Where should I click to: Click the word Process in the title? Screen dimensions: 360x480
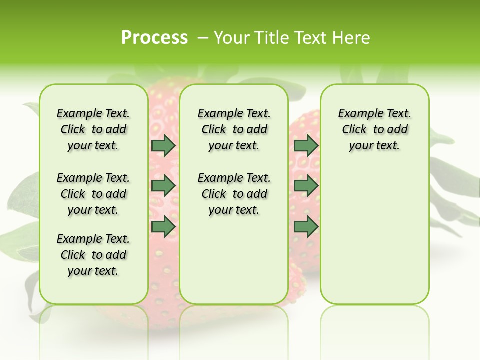coord(154,37)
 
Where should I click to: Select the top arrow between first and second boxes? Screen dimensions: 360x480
coord(163,146)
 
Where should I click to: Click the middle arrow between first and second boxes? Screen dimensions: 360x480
coord(163,186)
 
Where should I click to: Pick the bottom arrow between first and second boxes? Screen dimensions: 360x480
coord(163,227)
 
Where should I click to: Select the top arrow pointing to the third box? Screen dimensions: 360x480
coord(306,146)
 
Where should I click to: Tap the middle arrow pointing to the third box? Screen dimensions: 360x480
coord(306,186)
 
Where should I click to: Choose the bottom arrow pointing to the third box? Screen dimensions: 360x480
coord(306,227)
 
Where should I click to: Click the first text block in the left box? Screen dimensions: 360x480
coord(93,129)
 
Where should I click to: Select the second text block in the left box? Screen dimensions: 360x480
coord(93,194)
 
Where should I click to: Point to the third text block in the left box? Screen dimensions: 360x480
coord(93,255)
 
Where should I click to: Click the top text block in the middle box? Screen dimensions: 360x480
coord(234,129)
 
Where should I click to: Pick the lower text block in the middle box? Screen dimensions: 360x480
coord(234,194)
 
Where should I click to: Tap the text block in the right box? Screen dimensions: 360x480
coord(374,129)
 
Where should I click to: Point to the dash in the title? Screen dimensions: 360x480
coord(203,38)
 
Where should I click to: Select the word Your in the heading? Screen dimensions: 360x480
coord(231,38)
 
